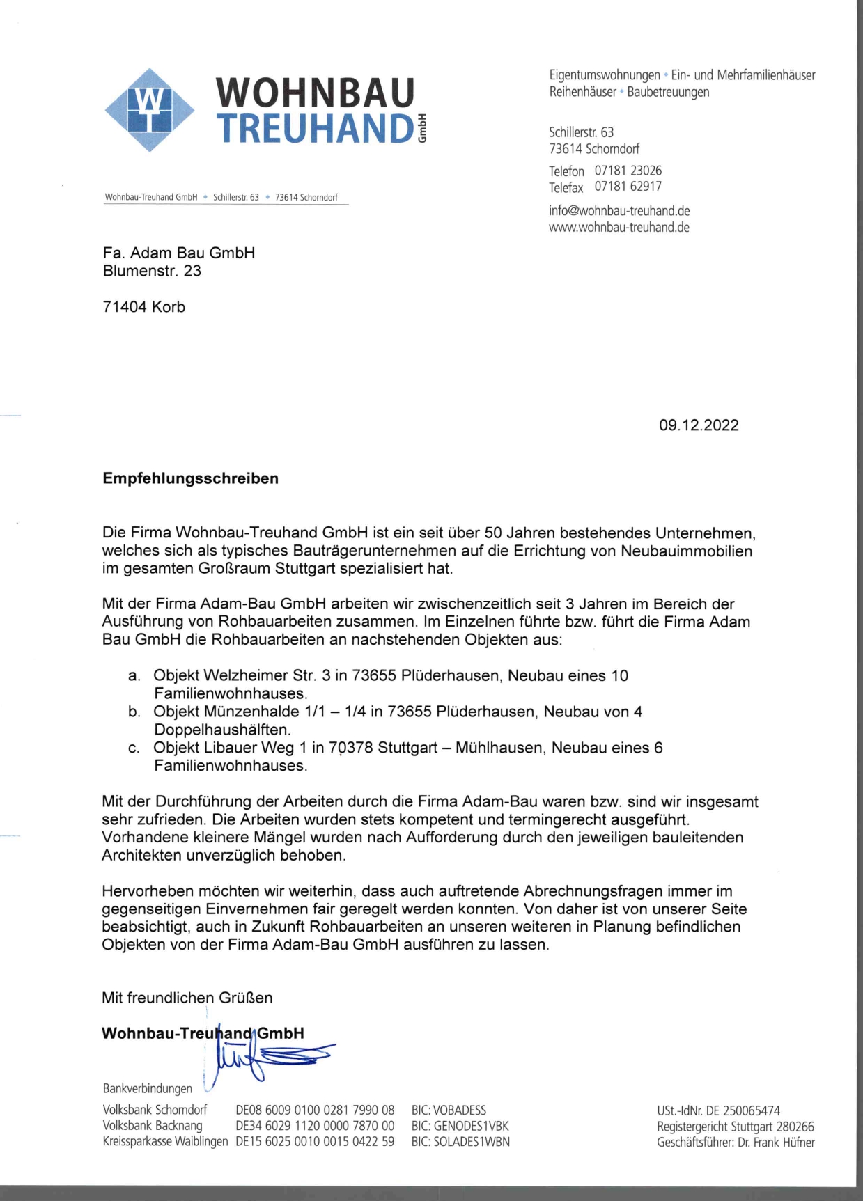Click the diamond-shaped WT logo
tap(149, 110)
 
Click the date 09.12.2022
tap(699, 425)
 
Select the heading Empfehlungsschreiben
tap(190, 478)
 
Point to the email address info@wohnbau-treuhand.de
tap(619, 210)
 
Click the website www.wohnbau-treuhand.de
tap(619, 227)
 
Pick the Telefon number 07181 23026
tap(628, 171)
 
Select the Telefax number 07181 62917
tap(628, 187)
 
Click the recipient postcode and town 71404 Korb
tap(144, 307)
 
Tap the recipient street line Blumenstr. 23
tap(152, 271)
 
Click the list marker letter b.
tap(134, 712)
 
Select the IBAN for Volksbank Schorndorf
tap(315, 1110)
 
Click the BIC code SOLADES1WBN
tap(472, 1142)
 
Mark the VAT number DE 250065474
tap(743, 1110)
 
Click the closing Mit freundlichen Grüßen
tap(187, 998)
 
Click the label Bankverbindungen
tap(148, 1088)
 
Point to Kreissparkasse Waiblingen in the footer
tap(165, 1142)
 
